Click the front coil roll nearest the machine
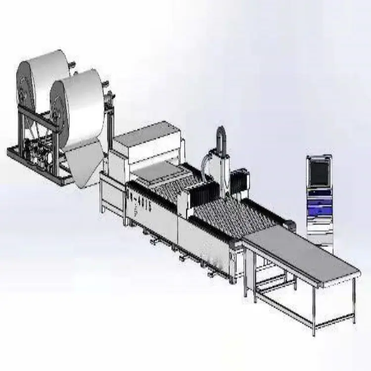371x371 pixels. point(79,106)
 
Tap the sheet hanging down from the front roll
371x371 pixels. point(84,163)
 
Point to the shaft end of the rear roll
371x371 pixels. point(72,64)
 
